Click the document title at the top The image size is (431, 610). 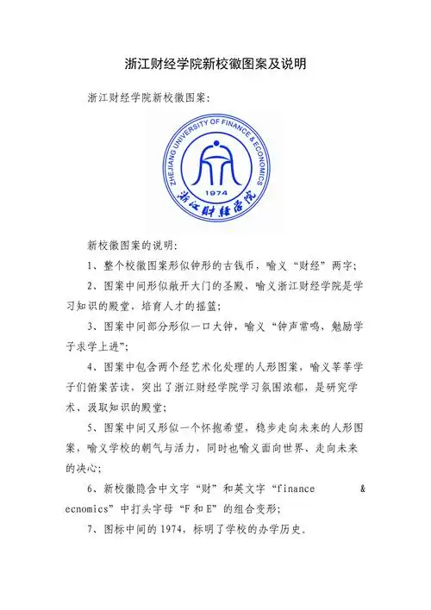[x=216, y=64]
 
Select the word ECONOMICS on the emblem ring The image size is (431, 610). [x=259, y=165]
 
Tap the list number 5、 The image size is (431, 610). [x=96, y=426]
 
